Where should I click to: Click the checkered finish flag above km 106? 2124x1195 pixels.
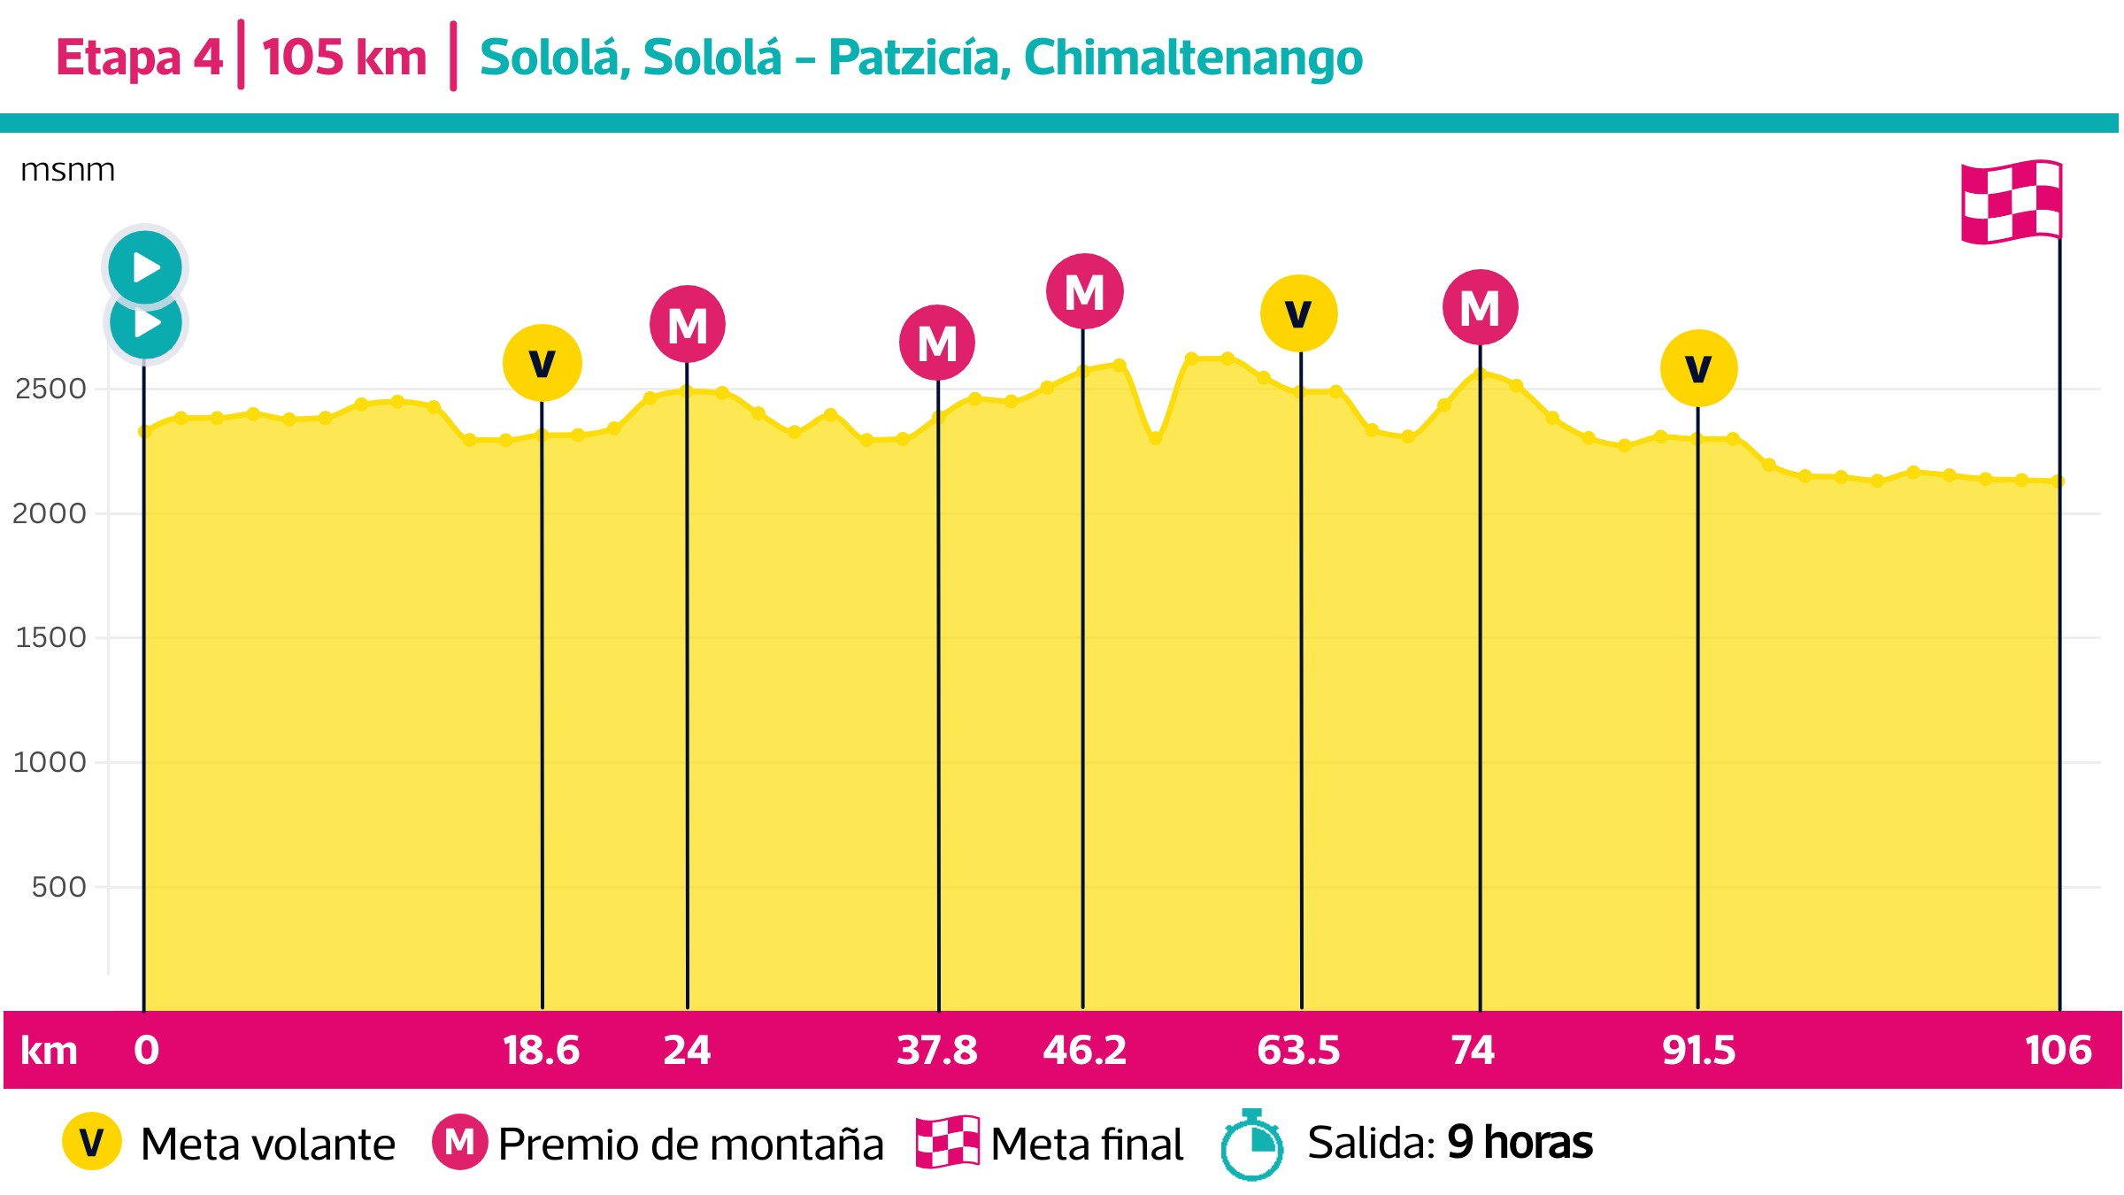click(x=2012, y=202)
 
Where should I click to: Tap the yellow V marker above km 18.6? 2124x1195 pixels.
click(x=542, y=363)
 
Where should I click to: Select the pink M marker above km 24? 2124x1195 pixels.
click(x=688, y=324)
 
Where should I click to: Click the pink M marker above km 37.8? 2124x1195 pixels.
click(x=937, y=343)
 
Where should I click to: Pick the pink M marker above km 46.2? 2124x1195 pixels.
click(x=1084, y=291)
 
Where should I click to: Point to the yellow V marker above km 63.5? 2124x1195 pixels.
click(x=1298, y=313)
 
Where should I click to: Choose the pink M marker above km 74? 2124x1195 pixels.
click(x=1480, y=307)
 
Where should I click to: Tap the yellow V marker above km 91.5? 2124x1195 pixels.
click(x=1698, y=368)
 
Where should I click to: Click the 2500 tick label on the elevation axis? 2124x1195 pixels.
click(x=50, y=389)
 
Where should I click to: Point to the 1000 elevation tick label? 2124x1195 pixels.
click(x=50, y=762)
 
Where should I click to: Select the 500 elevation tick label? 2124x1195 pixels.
click(x=58, y=887)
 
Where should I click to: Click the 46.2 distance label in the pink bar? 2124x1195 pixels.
click(x=1084, y=1051)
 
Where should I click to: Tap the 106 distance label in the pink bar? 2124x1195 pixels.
click(x=2058, y=1051)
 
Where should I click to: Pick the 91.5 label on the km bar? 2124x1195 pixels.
click(x=1698, y=1051)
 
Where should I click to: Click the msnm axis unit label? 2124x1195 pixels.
click(x=67, y=170)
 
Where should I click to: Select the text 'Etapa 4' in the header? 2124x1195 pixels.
click(x=139, y=58)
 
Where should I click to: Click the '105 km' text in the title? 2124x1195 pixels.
click(x=344, y=58)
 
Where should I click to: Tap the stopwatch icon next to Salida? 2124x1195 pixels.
click(x=1251, y=1145)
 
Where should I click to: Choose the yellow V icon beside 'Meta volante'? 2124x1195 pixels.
click(x=92, y=1142)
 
